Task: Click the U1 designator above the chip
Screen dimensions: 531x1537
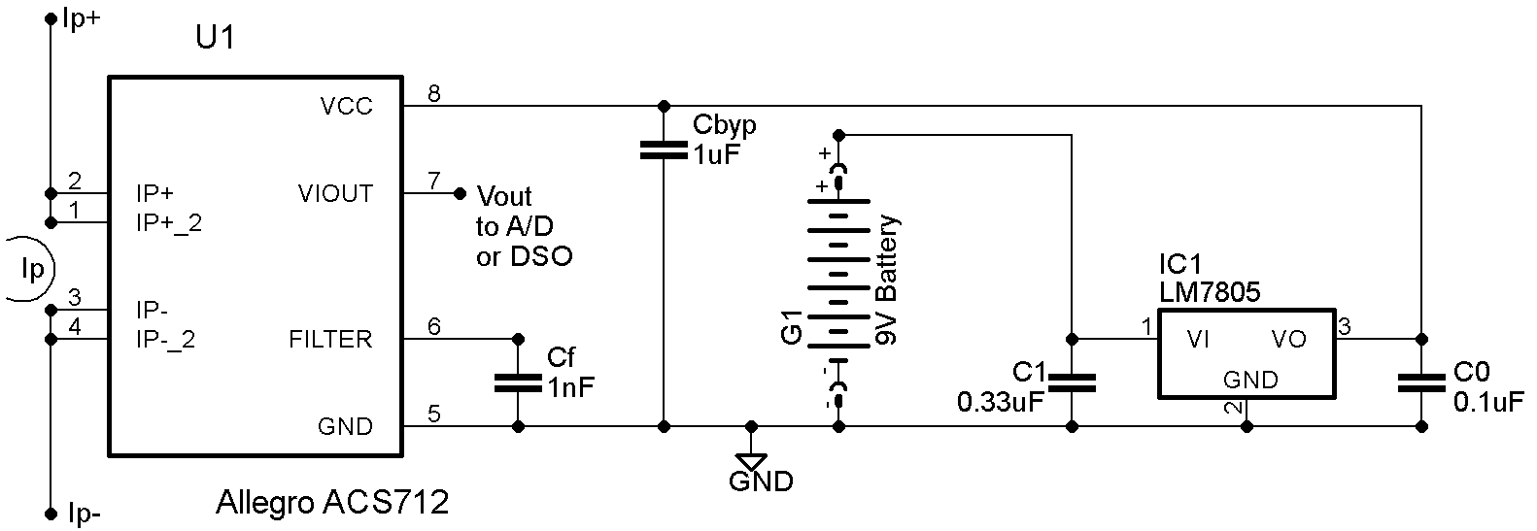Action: click(x=214, y=40)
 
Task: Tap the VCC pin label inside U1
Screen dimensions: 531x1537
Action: click(x=345, y=106)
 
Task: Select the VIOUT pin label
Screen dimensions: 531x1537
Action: click(x=335, y=193)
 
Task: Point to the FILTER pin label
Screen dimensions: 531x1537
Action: click(x=330, y=339)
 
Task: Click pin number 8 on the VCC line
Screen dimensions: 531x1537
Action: click(x=434, y=94)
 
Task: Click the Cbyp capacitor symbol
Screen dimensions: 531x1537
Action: click(x=664, y=149)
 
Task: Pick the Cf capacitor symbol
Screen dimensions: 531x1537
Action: click(x=518, y=382)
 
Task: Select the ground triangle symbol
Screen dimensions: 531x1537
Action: click(x=751, y=460)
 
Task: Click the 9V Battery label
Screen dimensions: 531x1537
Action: click(x=887, y=280)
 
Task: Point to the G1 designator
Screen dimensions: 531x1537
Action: click(x=792, y=328)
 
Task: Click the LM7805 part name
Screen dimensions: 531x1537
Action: click(x=1209, y=291)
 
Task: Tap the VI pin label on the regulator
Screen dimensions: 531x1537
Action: click(x=1198, y=339)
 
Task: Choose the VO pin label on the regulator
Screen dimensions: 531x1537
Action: click(x=1289, y=339)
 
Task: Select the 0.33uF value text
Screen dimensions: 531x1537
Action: click(x=1001, y=402)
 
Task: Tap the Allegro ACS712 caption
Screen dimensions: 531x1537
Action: click(x=332, y=503)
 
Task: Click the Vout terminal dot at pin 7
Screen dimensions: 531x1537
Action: click(x=460, y=193)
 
